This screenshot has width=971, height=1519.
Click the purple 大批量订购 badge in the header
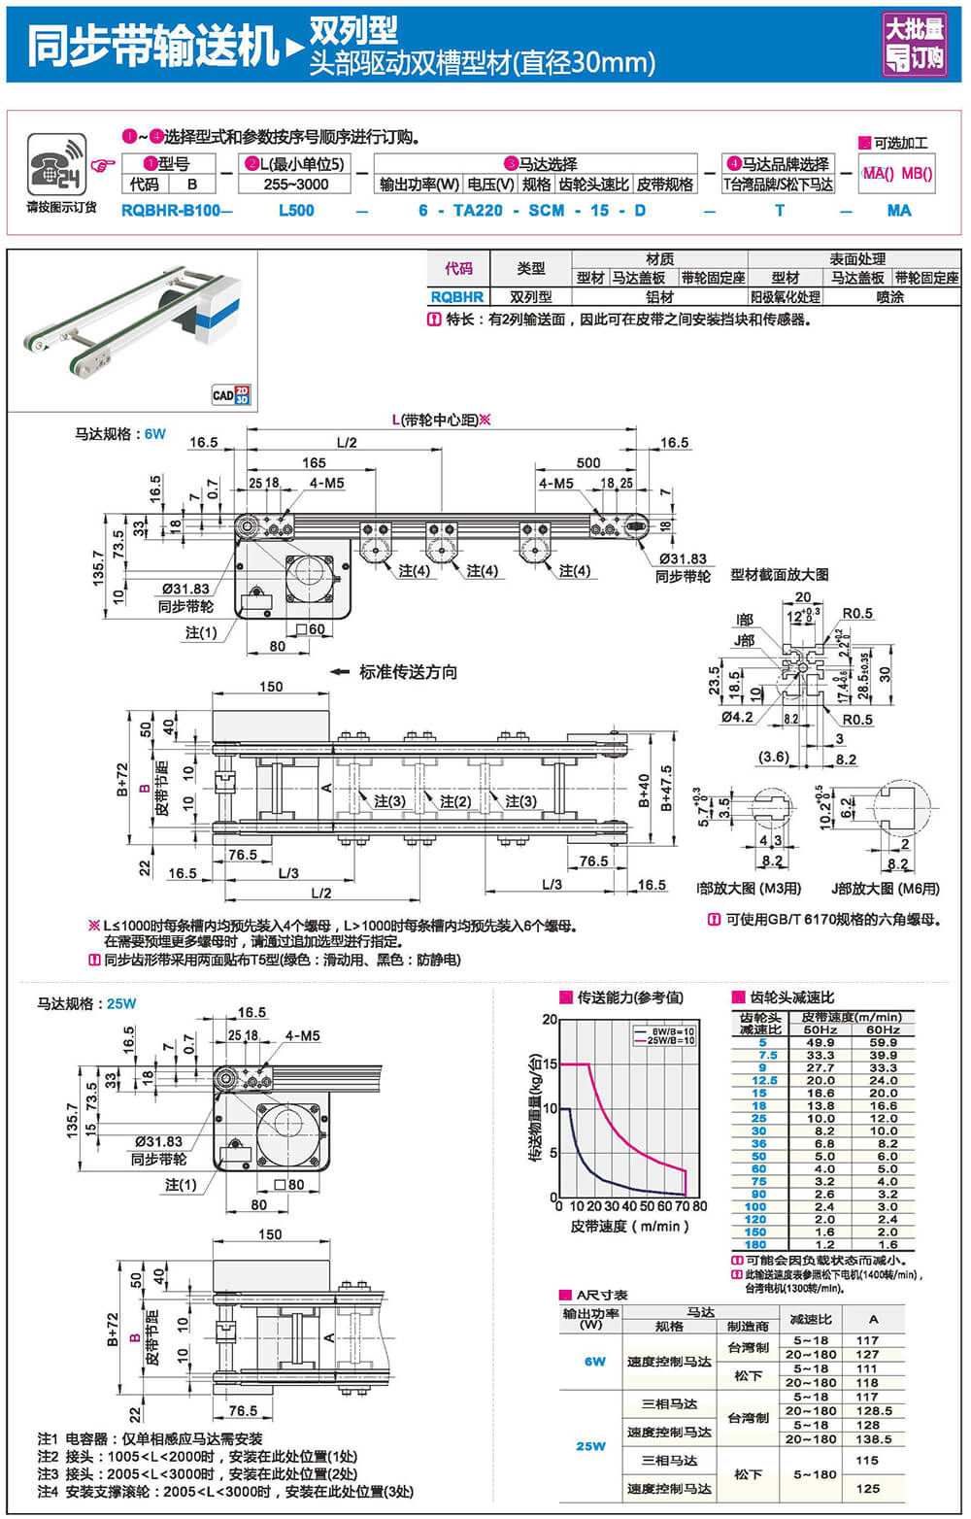click(914, 44)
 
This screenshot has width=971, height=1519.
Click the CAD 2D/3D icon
click(231, 394)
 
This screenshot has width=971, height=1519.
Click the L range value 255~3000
click(295, 185)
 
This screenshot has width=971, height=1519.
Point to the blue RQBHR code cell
click(457, 297)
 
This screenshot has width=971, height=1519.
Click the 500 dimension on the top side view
click(588, 462)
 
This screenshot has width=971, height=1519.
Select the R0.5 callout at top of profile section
click(857, 613)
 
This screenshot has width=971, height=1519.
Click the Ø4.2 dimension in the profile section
click(737, 718)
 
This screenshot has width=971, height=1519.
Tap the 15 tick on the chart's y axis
click(550, 1064)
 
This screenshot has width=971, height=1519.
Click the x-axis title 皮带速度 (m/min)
click(630, 1227)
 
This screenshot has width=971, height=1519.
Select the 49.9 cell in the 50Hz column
click(820, 1042)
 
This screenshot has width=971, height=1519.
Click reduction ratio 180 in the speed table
click(755, 1244)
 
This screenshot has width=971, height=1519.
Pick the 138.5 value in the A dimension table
click(867, 1439)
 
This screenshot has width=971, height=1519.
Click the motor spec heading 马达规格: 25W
click(86, 1003)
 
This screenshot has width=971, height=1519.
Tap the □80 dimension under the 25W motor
click(290, 1185)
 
